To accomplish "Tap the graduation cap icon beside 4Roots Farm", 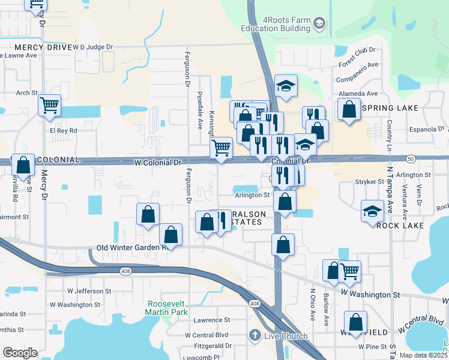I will coord(320,24).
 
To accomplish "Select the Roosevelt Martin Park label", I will coord(166,308).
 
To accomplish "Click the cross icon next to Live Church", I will coord(255,335).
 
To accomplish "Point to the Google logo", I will coord(20,353).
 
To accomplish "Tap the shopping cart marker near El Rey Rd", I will coord(49,105).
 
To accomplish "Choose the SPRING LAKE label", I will coord(391,108).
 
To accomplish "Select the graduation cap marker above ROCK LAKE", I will coord(373,211).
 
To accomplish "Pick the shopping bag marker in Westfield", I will coord(356,322).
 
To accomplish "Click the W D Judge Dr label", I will coord(92,47).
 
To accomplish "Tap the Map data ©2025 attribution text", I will coord(423,355).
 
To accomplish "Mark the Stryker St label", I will coord(370,181).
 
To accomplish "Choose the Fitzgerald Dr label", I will coord(212,346).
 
